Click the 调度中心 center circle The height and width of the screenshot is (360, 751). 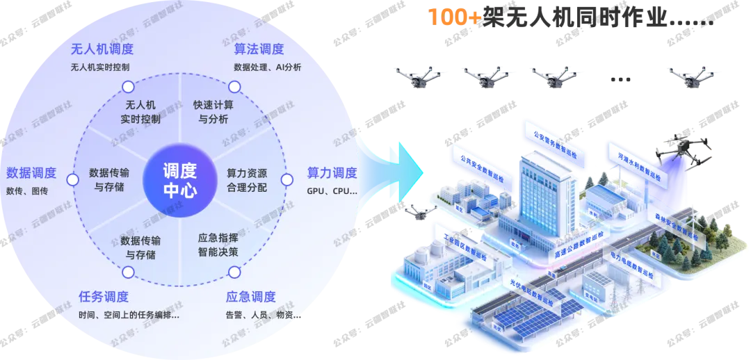tap(179, 180)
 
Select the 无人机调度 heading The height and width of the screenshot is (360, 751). tap(102, 49)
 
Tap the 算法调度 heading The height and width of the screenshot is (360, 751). tap(259, 49)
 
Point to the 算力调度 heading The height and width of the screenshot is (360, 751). tap(332, 173)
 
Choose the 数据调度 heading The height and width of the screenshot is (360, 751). tap(31, 173)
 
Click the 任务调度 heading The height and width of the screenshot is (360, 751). tap(104, 297)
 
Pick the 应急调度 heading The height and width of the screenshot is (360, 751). tap(251, 297)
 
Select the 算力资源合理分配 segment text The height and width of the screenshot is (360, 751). tap(246, 180)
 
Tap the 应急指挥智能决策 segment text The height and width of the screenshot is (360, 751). tap(218, 245)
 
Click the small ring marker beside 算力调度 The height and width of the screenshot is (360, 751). tap(286, 179)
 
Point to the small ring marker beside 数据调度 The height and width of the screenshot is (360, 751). tap(72, 180)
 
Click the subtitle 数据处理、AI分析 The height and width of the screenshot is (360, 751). tap(268, 67)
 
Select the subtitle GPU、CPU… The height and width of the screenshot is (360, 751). tap(332, 190)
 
